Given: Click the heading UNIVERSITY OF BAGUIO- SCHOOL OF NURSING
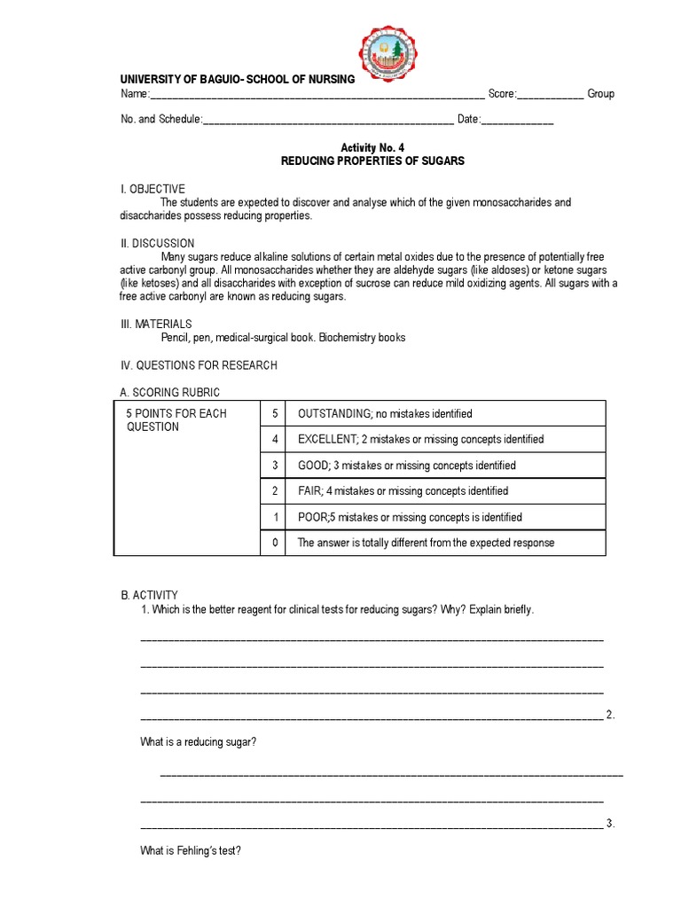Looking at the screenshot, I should pyautogui.click(x=238, y=79).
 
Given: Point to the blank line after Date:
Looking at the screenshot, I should pyautogui.click(x=518, y=120).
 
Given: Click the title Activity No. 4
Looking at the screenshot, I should pyautogui.click(x=372, y=147).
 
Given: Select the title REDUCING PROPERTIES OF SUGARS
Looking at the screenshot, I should pyautogui.click(x=372, y=161).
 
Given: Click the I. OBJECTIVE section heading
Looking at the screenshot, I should pyautogui.click(x=153, y=189).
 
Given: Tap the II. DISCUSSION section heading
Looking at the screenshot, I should pyautogui.click(x=158, y=243).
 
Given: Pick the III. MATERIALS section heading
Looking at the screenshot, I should pyautogui.click(x=156, y=325).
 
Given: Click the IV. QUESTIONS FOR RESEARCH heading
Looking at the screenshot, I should pyautogui.click(x=199, y=365).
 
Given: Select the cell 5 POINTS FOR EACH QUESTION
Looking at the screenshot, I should pyautogui.click(x=176, y=420).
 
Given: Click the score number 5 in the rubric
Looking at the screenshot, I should pyautogui.click(x=274, y=414).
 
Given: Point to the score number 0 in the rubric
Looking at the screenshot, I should pyautogui.click(x=274, y=543).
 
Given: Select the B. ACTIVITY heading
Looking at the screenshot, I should pyautogui.click(x=149, y=595).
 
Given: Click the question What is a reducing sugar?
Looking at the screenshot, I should pyautogui.click(x=198, y=741).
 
